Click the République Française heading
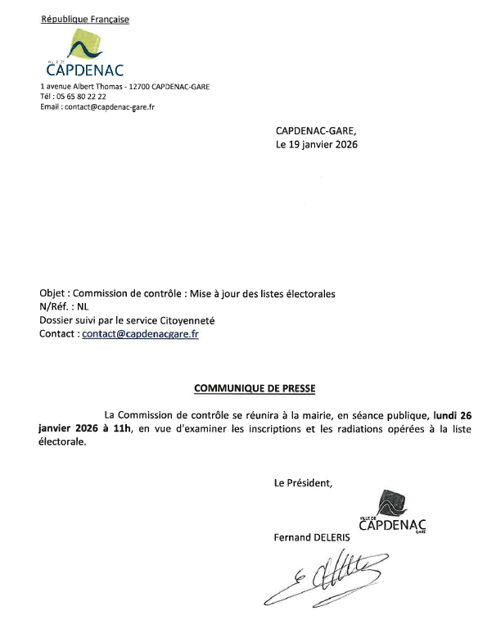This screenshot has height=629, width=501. pos(85,20)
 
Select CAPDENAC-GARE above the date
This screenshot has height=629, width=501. pos(316,130)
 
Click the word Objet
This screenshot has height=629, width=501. pos(54,294)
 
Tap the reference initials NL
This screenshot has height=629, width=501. pos(79,307)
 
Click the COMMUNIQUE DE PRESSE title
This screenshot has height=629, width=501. pos(254,387)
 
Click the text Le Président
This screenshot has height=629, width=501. pos(303,483)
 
